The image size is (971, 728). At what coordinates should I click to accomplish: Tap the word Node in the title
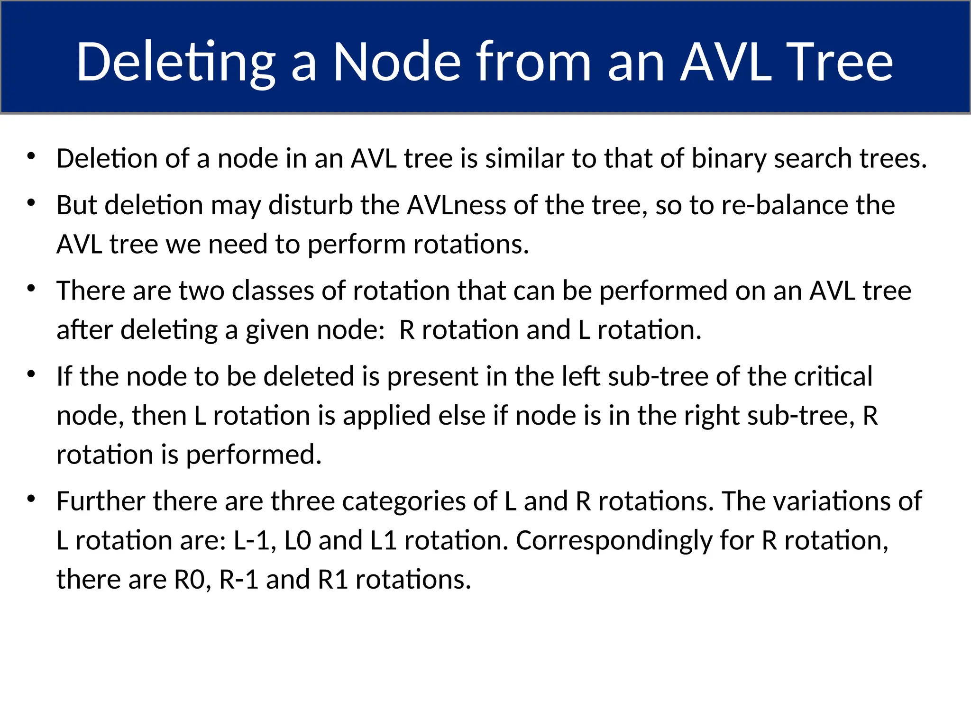click(x=396, y=62)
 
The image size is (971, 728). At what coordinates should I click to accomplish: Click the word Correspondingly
click(x=614, y=540)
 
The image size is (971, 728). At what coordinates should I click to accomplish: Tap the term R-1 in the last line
click(x=238, y=579)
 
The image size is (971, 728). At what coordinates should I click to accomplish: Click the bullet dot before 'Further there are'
click(x=32, y=499)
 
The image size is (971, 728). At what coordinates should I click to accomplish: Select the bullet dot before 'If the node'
click(x=32, y=374)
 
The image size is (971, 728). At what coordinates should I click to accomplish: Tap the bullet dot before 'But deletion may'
click(x=32, y=203)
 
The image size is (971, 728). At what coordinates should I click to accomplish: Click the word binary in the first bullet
click(x=728, y=158)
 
